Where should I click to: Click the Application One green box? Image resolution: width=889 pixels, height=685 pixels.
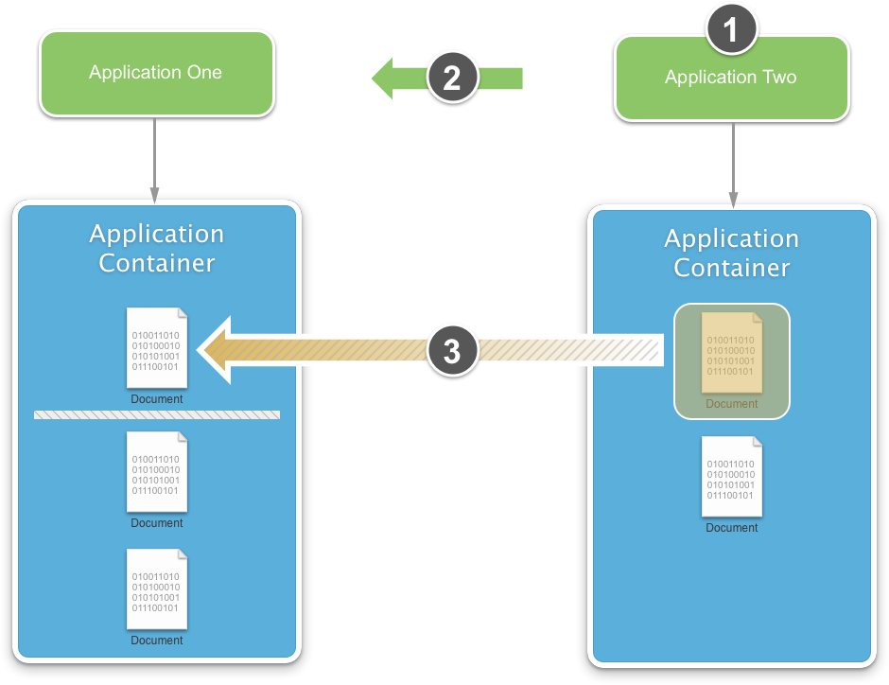pyautogui.click(x=156, y=73)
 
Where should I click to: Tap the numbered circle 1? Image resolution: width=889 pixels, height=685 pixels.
pyautogui.click(x=731, y=30)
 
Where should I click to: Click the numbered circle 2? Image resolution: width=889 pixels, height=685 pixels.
pyautogui.click(x=451, y=78)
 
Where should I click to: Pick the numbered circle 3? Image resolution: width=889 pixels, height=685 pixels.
pyautogui.click(x=451, y=351)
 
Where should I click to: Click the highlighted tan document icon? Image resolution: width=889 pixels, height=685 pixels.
pyautogui.click(x=731, y=352)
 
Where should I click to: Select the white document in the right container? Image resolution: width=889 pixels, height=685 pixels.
pyautogui.click(x=731, y=476)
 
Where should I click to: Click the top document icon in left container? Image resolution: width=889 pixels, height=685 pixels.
pyautogui.click(x=157, y=348)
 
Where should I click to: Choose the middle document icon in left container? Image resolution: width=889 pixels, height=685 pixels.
pyautogui.click(x=157, y=472)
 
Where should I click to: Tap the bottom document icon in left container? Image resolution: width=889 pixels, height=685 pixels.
pyautogui.click(x=157, y=589)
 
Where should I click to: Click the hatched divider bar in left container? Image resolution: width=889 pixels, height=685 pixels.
pyautogui.click(x=157, y=414)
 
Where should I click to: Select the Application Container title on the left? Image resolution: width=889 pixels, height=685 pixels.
pyautogui.click(x=157, y=248)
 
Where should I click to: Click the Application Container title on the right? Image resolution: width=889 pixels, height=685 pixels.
pyautogui.click(x=731, y=253)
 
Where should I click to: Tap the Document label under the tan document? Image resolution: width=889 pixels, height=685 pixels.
pyautogui.click(x=731, y=404)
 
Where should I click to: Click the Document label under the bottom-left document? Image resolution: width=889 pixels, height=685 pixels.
pyautogui.click(x=157, y=641)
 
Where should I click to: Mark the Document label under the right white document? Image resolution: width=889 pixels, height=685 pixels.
pyautogui.click(x=731, y=528)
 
